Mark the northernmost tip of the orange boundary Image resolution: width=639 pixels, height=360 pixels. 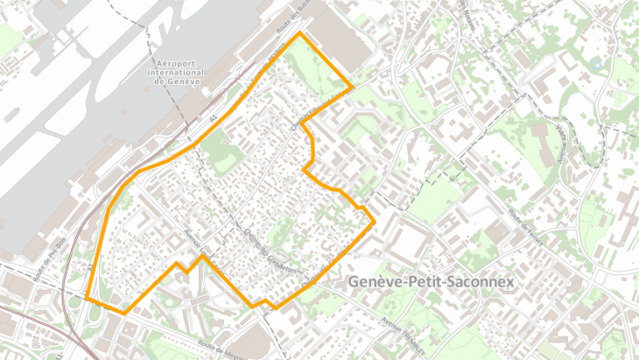[x=300, y=33]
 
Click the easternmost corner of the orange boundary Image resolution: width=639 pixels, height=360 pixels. [x=376, y=219]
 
